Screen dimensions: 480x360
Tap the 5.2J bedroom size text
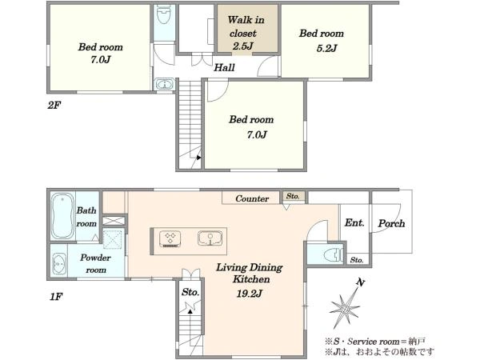coord(326,48)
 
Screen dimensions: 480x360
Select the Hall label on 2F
coord(224,67)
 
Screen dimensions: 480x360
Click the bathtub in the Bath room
coord(62,216)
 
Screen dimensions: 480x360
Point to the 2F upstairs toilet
coord(164,14)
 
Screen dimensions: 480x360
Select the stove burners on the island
coord(170,238)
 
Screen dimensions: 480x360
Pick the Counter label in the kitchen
coord(252,198)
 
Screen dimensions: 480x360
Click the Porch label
coord(391,223)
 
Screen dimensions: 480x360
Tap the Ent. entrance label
coord(354,222)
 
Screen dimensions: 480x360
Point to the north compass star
coord(345,307)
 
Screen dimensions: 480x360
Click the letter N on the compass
coord(361,282)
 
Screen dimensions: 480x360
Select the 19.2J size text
coord(249,294)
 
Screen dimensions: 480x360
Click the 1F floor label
coord(56,296)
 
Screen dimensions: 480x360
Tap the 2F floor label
coord(54,106)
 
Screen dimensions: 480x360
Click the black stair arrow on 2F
coord(198,158)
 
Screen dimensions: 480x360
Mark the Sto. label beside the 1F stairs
coord(190,292)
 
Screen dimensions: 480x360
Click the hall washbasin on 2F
coord(165,84)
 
